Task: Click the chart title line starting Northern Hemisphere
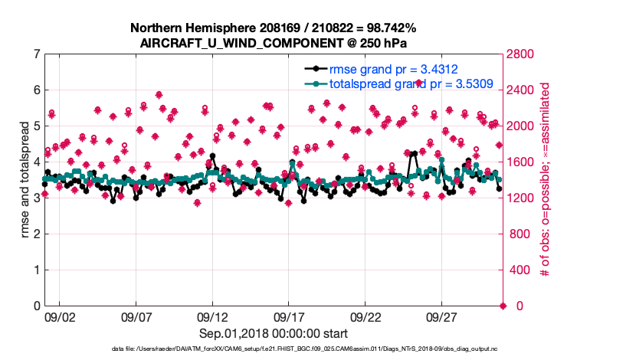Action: point(274,28)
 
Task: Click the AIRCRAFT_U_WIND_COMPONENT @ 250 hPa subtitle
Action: point(274,43)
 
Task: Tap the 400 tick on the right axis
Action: point(518,270)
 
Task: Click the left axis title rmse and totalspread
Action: point(25,180)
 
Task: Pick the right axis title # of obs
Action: point(546,180)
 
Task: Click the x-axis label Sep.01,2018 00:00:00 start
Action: point(274,333)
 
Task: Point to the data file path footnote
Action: point(274,349)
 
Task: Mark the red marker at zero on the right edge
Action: point(503,306)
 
